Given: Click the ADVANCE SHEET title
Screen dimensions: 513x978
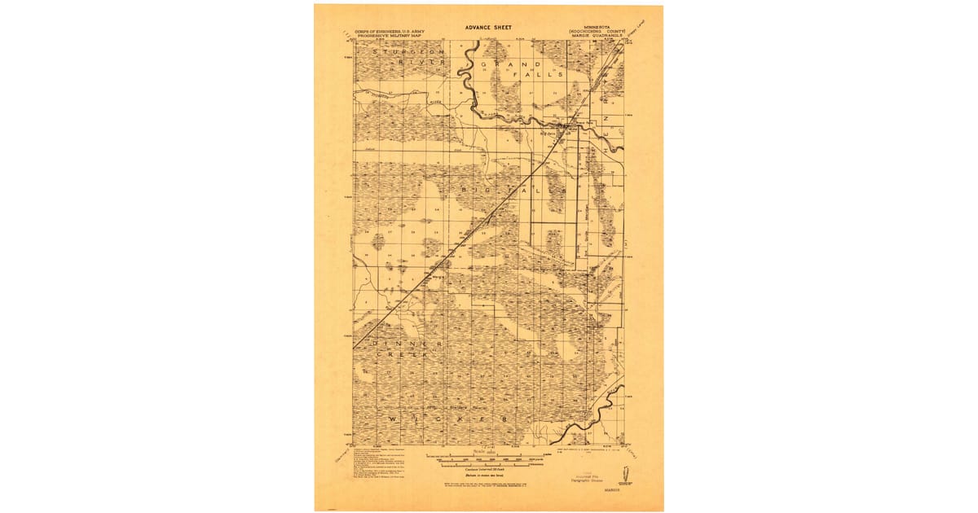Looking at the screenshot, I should click(489, 26).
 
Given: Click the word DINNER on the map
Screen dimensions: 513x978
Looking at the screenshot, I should click(407, 344).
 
